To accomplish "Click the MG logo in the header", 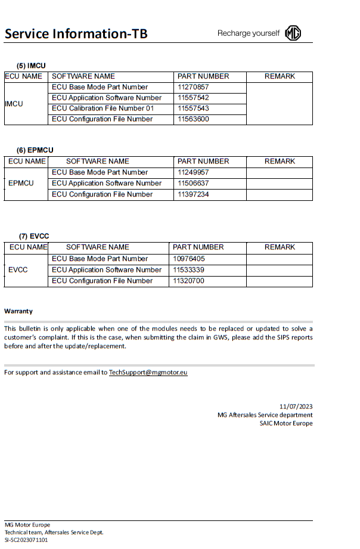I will click(293, 33).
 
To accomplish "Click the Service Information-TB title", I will click(76, 33).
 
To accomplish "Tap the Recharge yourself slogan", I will click(248, 33).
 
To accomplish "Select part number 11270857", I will click(193, 87).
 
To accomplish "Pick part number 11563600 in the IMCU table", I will click(193, 119).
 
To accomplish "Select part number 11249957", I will click(193, 172).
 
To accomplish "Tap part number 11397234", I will click(193, 194).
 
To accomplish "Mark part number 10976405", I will click(188, 259).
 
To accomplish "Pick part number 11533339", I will click(188, 270).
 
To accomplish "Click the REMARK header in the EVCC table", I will click(280, 247).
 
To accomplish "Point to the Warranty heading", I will click(18, 311).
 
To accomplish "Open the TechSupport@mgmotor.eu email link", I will click(148, 373).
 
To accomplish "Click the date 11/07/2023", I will click(296, 406).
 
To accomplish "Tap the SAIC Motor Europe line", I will click(285, 424).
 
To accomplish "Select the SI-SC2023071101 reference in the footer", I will click(26, 539).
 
